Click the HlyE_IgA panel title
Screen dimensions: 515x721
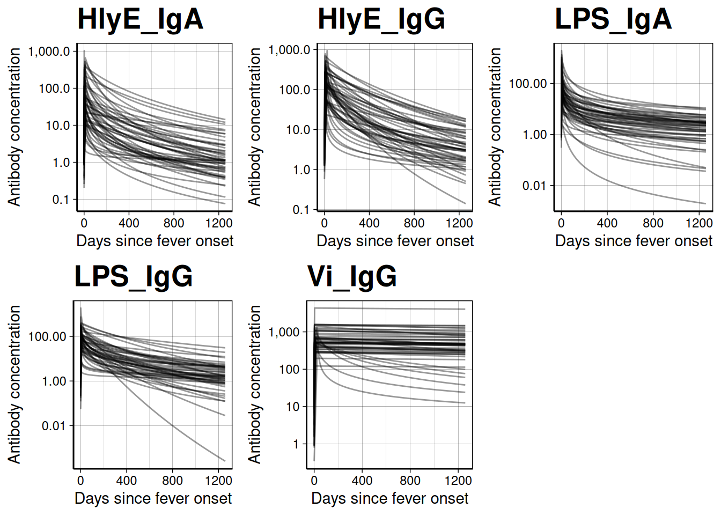click(140, 19)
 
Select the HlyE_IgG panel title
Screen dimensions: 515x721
click(381, 19)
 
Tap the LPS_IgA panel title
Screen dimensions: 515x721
click(613, 19)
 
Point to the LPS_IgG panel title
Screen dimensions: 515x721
click(133, 277)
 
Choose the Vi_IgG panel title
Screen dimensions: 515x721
click(352, 277)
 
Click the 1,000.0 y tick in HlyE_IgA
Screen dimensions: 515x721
click(49, 51)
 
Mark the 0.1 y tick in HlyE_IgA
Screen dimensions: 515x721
click(61, 200)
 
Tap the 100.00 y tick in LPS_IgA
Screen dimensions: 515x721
click(528, 84)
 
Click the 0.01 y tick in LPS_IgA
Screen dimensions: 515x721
click(535, 186)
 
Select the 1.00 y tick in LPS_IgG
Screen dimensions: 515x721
click(54, 381)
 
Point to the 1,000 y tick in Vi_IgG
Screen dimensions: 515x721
click(284, 332)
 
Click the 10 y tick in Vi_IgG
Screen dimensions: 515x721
click(293, 407)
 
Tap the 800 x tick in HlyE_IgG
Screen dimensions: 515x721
click(414, 223)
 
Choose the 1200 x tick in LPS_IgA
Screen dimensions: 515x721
click(699, 223)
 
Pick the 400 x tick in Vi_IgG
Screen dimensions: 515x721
click(362, 481)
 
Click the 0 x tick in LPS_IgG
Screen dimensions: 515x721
click(80, 481)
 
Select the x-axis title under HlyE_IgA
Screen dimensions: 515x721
click(154, 241)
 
